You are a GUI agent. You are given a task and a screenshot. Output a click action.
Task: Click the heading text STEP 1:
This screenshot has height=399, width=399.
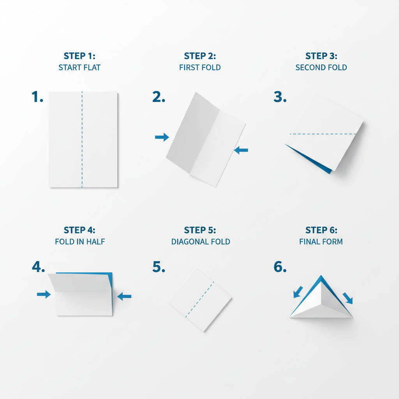[x=79, y=56]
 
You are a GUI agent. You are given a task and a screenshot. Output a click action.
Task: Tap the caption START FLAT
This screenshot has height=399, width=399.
[x=79, y=67]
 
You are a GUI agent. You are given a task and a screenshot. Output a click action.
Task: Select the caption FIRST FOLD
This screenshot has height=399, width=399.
[x=200, y=67]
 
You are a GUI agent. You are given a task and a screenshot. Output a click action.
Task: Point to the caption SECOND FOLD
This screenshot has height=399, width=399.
[x=321, y=67]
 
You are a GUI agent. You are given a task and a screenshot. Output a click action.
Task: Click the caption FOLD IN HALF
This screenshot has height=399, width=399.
[x=80, y=242]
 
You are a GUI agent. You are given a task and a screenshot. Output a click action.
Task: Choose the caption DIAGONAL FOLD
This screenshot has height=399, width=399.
[x=201, y=242]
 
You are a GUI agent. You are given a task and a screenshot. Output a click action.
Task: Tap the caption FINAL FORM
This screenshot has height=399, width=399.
[x=321, y=242]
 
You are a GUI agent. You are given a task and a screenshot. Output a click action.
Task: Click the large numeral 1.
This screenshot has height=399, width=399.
[x=37, y=97]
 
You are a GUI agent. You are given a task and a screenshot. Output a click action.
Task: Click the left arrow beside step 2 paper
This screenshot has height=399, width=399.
[x=162, y=137]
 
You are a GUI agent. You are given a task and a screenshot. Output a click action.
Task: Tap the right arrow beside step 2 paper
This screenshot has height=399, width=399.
[x=242, y=150]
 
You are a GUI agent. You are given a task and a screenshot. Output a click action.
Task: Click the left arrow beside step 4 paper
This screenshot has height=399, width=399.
[x=44, y=295]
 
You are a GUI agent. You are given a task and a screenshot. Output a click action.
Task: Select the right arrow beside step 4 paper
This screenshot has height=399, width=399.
[x=124, y=297]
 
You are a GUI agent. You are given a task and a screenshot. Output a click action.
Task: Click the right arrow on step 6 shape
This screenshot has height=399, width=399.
[x=348, y=298]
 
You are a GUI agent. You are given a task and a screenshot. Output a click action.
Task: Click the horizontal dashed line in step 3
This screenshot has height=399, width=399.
[x=323, y=134]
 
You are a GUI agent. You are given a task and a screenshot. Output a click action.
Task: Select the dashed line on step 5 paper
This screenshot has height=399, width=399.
[x=199, y=300]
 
